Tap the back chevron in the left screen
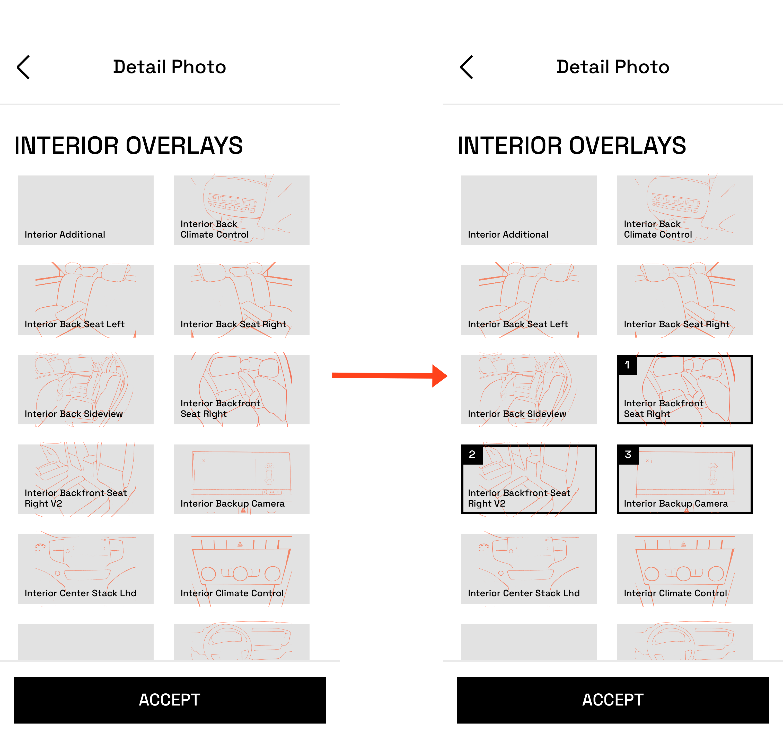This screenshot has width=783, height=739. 23,67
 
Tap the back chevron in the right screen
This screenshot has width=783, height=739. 466,67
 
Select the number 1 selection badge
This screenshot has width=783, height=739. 627,365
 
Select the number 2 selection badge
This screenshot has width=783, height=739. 472,455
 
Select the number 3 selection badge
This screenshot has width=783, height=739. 628,455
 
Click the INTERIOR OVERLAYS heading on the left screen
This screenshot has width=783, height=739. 128,146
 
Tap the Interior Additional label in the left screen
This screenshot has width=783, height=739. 65,235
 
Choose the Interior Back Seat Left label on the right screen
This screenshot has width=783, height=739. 517,324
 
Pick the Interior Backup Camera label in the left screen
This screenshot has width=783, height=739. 232,503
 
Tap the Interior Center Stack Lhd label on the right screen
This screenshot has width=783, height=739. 523,593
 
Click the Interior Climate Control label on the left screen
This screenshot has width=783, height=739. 232,593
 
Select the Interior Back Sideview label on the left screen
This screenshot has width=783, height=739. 74,414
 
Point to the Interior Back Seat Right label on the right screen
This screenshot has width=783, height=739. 676,324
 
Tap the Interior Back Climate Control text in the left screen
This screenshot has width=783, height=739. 214,229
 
